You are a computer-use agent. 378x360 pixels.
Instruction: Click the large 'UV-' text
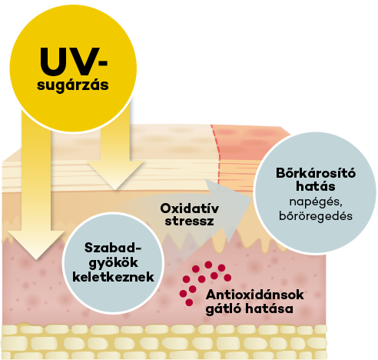[x=74, y=62]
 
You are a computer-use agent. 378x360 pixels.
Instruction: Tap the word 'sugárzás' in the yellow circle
[x=73, y=85]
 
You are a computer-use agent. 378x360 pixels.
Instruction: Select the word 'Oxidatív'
[x=190, y=208]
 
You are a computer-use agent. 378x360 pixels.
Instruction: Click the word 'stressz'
[x=190, y=222]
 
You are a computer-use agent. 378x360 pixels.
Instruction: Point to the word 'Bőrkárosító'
[x=316, y=173]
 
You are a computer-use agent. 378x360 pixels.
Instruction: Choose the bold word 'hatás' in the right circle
[x=316, y=186]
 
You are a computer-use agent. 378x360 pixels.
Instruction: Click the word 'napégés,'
[x=316, y=202]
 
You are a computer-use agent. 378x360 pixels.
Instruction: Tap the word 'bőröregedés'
[x=316, y=215]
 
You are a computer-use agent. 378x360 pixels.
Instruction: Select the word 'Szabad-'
[x=113, y=248]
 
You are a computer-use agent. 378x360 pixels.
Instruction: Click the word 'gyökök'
[x=113, y=263]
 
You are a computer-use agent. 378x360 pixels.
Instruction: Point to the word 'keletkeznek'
[x=113, y=277]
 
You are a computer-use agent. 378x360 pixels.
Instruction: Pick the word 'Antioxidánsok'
[x=255, y=295]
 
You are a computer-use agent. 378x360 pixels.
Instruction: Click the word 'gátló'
[x=224, y=308]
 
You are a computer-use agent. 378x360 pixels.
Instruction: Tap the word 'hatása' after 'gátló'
[x=270, y=308]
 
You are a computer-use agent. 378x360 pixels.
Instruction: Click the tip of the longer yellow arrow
[x=36, y=259]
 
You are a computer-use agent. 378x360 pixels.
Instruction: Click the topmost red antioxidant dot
[x=208, y=265]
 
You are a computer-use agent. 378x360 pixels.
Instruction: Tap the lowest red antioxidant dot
[x=189, y=302]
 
